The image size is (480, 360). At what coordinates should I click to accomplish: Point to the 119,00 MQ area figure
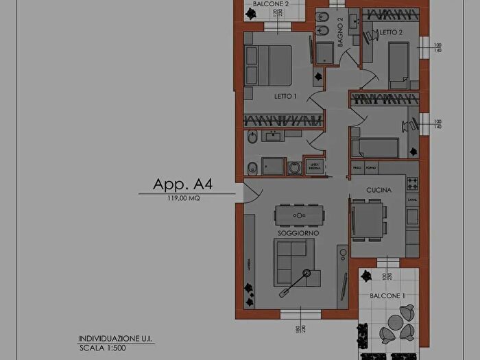183,199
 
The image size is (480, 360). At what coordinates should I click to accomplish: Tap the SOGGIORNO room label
297,234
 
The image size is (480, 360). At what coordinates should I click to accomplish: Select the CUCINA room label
378,192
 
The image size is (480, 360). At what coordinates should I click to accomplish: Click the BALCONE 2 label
270,4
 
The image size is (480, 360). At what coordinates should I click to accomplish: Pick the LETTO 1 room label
285,96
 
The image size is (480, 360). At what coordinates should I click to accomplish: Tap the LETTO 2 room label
391,32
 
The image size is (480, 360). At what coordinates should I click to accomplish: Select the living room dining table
298,215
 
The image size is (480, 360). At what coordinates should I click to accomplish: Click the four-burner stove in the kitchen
413,183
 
